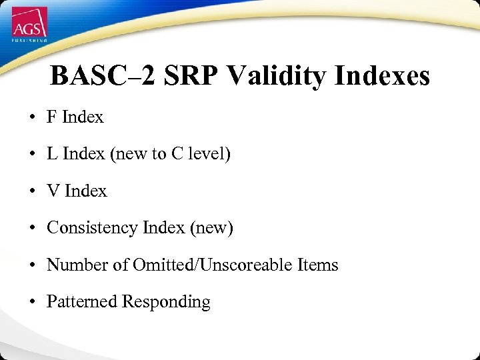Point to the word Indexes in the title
382,77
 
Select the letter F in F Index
51,117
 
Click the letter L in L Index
51,154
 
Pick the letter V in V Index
53,191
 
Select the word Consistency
92,228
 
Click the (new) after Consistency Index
211,229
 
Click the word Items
318,265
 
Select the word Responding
166,303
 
